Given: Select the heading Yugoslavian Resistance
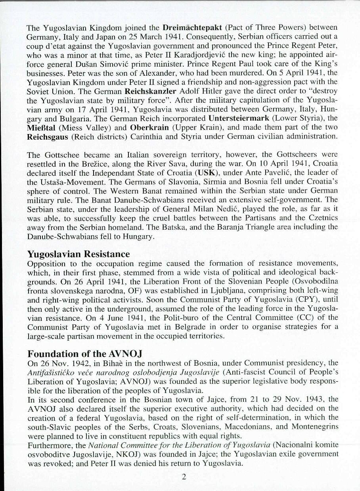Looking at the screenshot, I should click(x=78, y=254).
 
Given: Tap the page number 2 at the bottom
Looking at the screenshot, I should click(x=184, y=476).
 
